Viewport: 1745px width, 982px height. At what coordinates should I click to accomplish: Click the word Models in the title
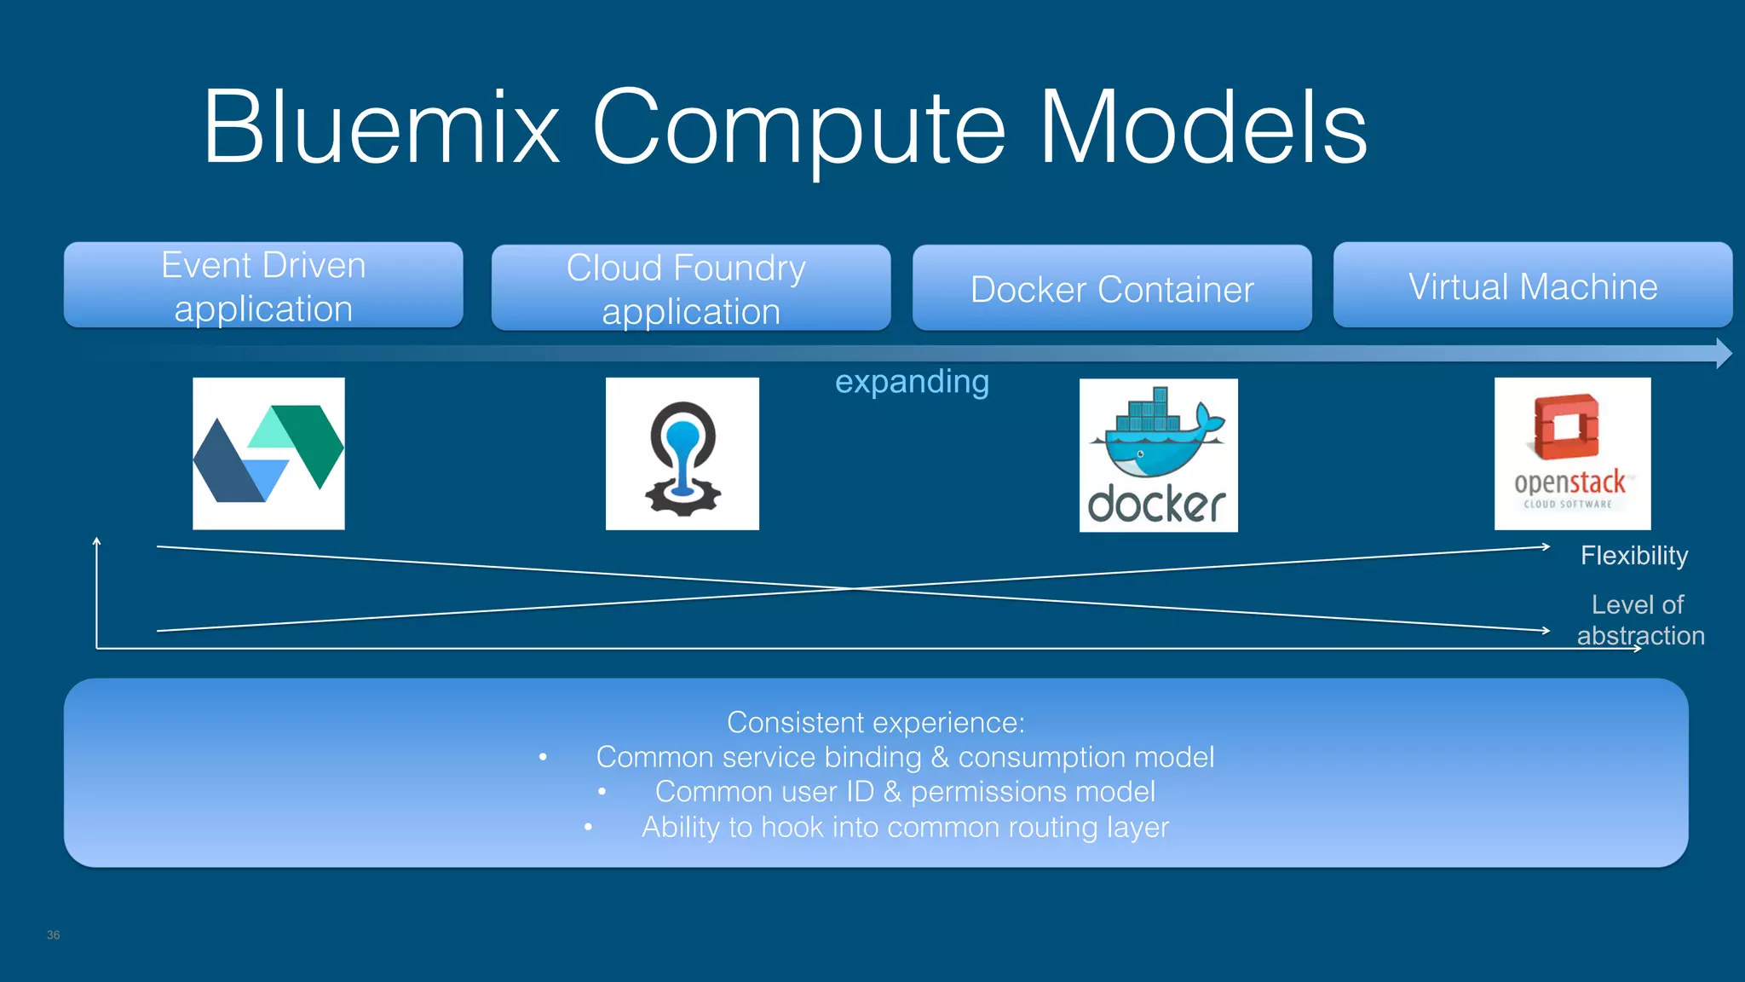[x=1202, y=128]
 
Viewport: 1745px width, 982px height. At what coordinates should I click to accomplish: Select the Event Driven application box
[x=263, y=286]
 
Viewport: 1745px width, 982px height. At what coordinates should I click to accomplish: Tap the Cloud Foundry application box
[x=690, y=288]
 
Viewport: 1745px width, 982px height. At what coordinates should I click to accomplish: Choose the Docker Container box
[x=1112, y=288]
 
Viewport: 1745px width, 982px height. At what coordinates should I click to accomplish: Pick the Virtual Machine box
[x=1532, y=286]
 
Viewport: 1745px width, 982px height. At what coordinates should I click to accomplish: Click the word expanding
[x=912, y=381]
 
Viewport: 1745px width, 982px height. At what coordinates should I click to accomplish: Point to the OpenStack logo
[x=1572, y=453]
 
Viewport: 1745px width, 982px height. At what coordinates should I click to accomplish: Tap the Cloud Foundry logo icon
[x=682, y=453]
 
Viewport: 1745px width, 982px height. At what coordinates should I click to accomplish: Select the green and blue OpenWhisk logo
[x=268, y=453]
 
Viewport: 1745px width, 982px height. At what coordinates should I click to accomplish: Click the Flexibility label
[x=1633, y=556]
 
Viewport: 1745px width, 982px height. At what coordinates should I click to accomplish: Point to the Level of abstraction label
[x=1639, y=620]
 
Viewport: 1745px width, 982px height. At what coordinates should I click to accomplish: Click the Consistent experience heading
[x=875, y=723]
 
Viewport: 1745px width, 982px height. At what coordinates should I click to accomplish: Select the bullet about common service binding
[x=904, y=757]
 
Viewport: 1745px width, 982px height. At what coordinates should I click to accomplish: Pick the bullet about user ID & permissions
[x=904, y=792]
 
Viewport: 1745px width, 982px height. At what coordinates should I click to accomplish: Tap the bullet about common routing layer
[x=904, y=827]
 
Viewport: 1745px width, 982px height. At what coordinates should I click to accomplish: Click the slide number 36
[x=54, y=935]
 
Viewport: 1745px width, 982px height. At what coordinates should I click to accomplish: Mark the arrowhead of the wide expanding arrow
[x=1722, y=353]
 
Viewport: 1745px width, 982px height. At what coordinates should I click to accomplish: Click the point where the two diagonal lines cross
[x=853, y=588]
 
